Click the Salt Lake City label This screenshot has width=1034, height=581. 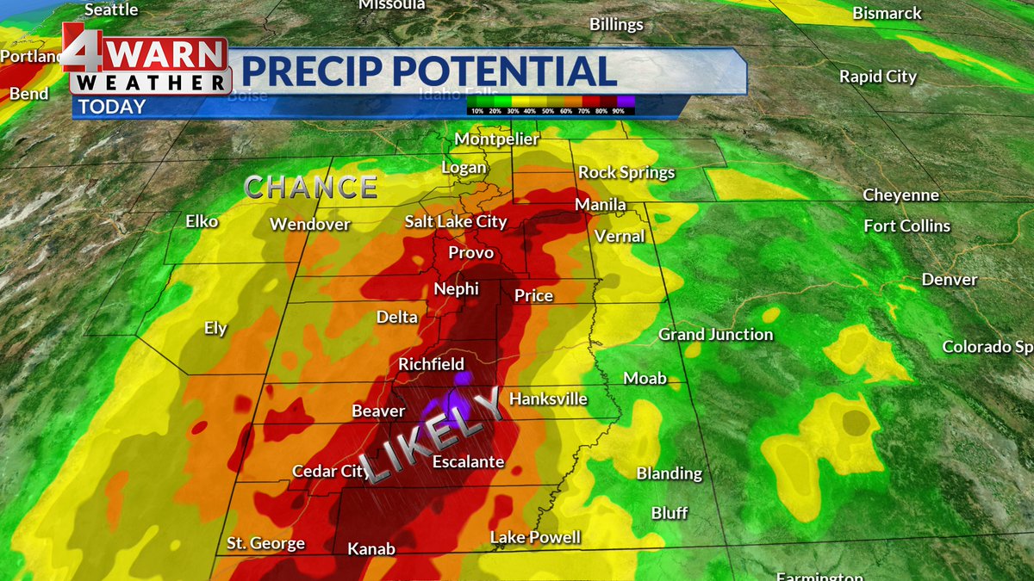456,222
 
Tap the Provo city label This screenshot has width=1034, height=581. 470,252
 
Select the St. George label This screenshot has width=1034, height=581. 265,543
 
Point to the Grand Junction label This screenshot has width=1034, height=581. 715,334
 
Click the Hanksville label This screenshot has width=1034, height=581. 548,399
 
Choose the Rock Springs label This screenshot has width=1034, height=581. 626,172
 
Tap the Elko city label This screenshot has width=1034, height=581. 202,221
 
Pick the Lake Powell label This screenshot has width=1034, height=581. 535,538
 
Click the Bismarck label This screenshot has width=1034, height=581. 887,14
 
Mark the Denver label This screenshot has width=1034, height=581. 949,280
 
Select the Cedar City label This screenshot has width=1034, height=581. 331,471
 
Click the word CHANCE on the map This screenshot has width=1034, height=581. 311,187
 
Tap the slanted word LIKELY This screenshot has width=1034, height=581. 431,435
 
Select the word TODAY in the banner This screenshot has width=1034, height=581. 112,107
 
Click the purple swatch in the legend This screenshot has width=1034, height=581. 626,102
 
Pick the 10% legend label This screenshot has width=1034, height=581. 476,111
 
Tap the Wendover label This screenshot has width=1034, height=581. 309,225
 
